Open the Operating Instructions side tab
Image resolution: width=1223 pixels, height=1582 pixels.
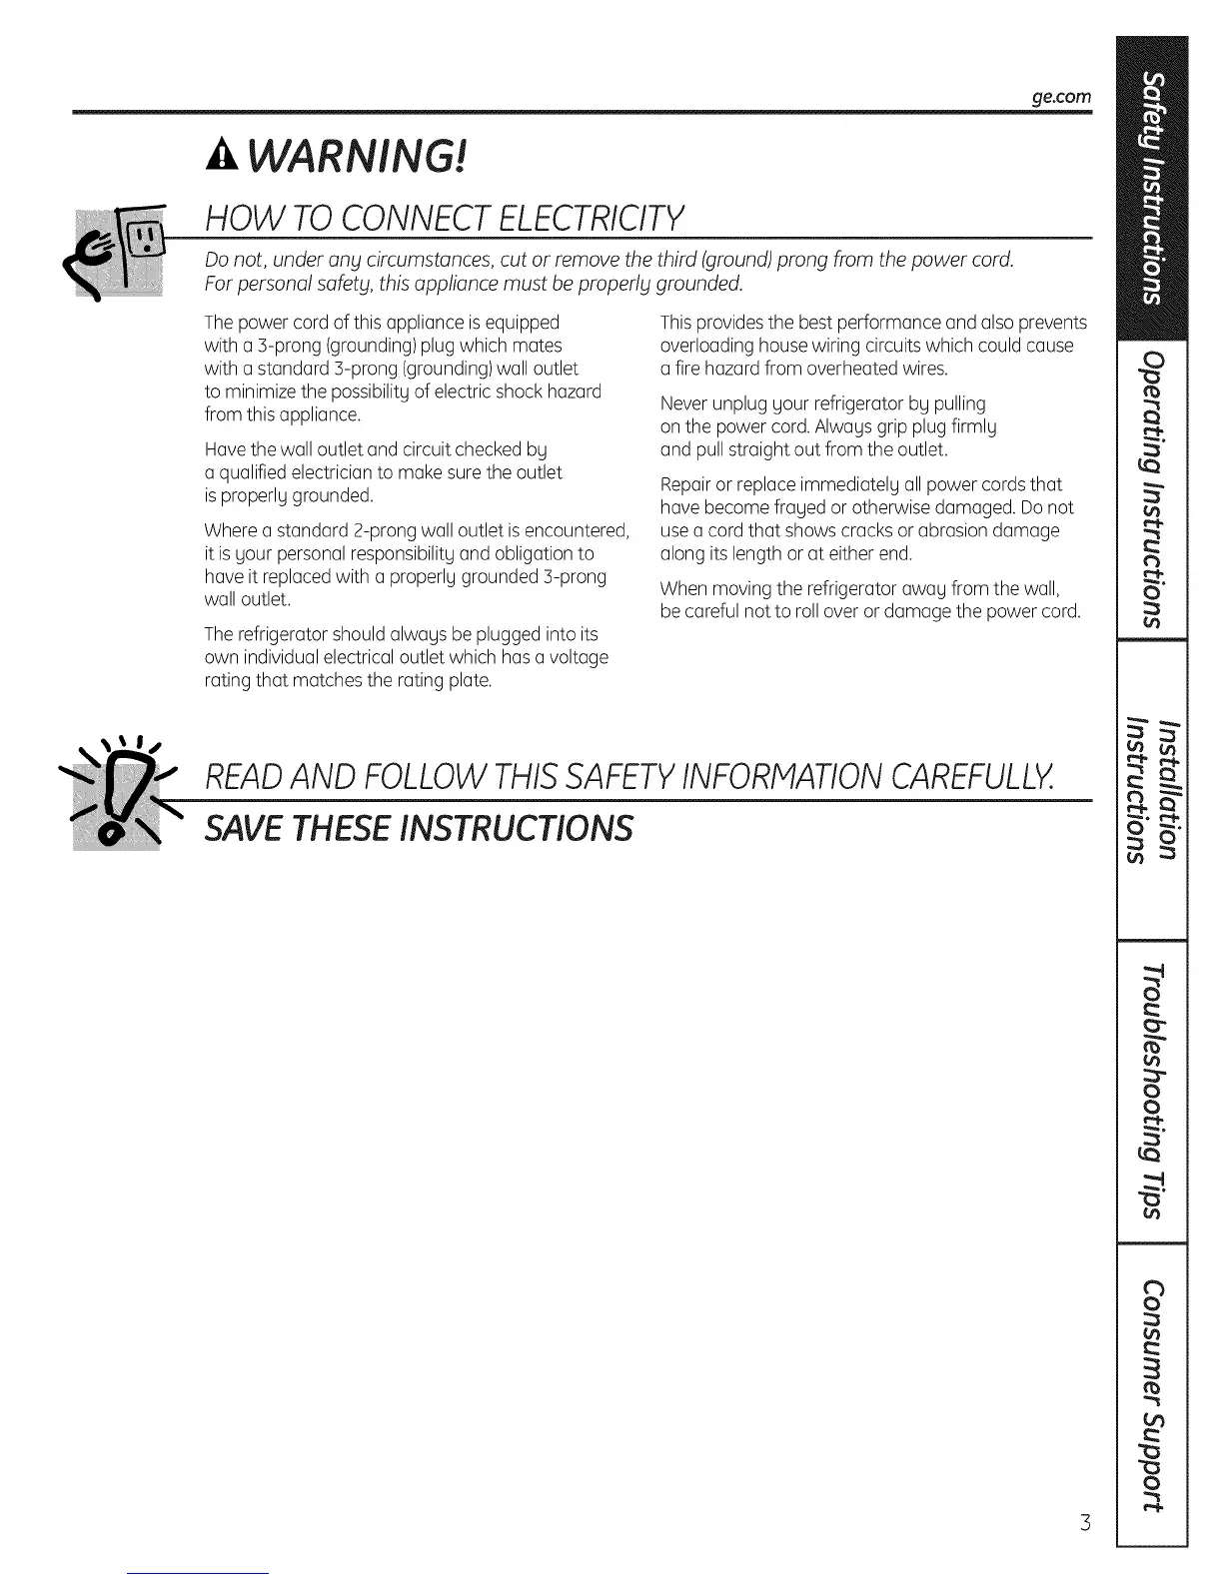pos(1152,490)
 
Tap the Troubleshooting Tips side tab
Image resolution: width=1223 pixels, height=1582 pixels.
pos(1152,1092)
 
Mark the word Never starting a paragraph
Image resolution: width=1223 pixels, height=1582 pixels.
pos(681,403)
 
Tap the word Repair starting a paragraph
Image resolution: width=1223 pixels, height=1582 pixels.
pos(684,484)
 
